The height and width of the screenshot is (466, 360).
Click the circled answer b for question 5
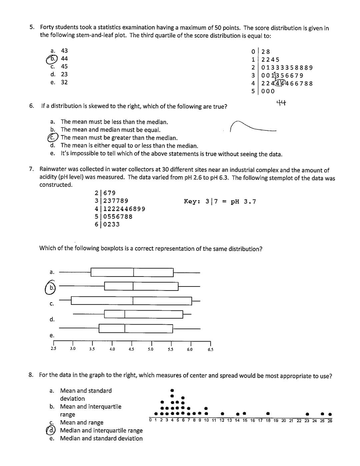(x=52, y=59)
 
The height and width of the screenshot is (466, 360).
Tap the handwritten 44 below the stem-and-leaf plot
(x=281, y=103)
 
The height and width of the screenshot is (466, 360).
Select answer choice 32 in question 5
(x=64, y=82)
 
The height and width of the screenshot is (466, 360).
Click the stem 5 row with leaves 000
(x=263, y=91)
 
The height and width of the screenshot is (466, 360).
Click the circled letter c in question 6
(x=52, y=137)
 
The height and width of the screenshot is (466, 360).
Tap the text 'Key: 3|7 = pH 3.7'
(x=220, y=201)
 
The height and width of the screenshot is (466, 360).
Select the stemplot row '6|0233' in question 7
(x=107, y=224)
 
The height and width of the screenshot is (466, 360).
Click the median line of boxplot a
(x=134, y=273)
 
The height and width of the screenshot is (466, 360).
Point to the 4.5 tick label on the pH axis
(x=131, y=349)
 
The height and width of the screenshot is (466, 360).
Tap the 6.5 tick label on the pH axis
(x=210, y=350)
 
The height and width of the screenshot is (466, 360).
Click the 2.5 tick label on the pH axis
(x=53, y=349)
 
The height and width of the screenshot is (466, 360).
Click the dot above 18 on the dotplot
(x=268, y=414)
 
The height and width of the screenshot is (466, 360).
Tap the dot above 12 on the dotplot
(x=222, y=414)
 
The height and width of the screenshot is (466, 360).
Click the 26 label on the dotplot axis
(x=330, y=421)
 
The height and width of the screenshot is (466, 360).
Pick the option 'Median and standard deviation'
(x=101, y=439)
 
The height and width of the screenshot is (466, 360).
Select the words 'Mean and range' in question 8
(x=81, y=423)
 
